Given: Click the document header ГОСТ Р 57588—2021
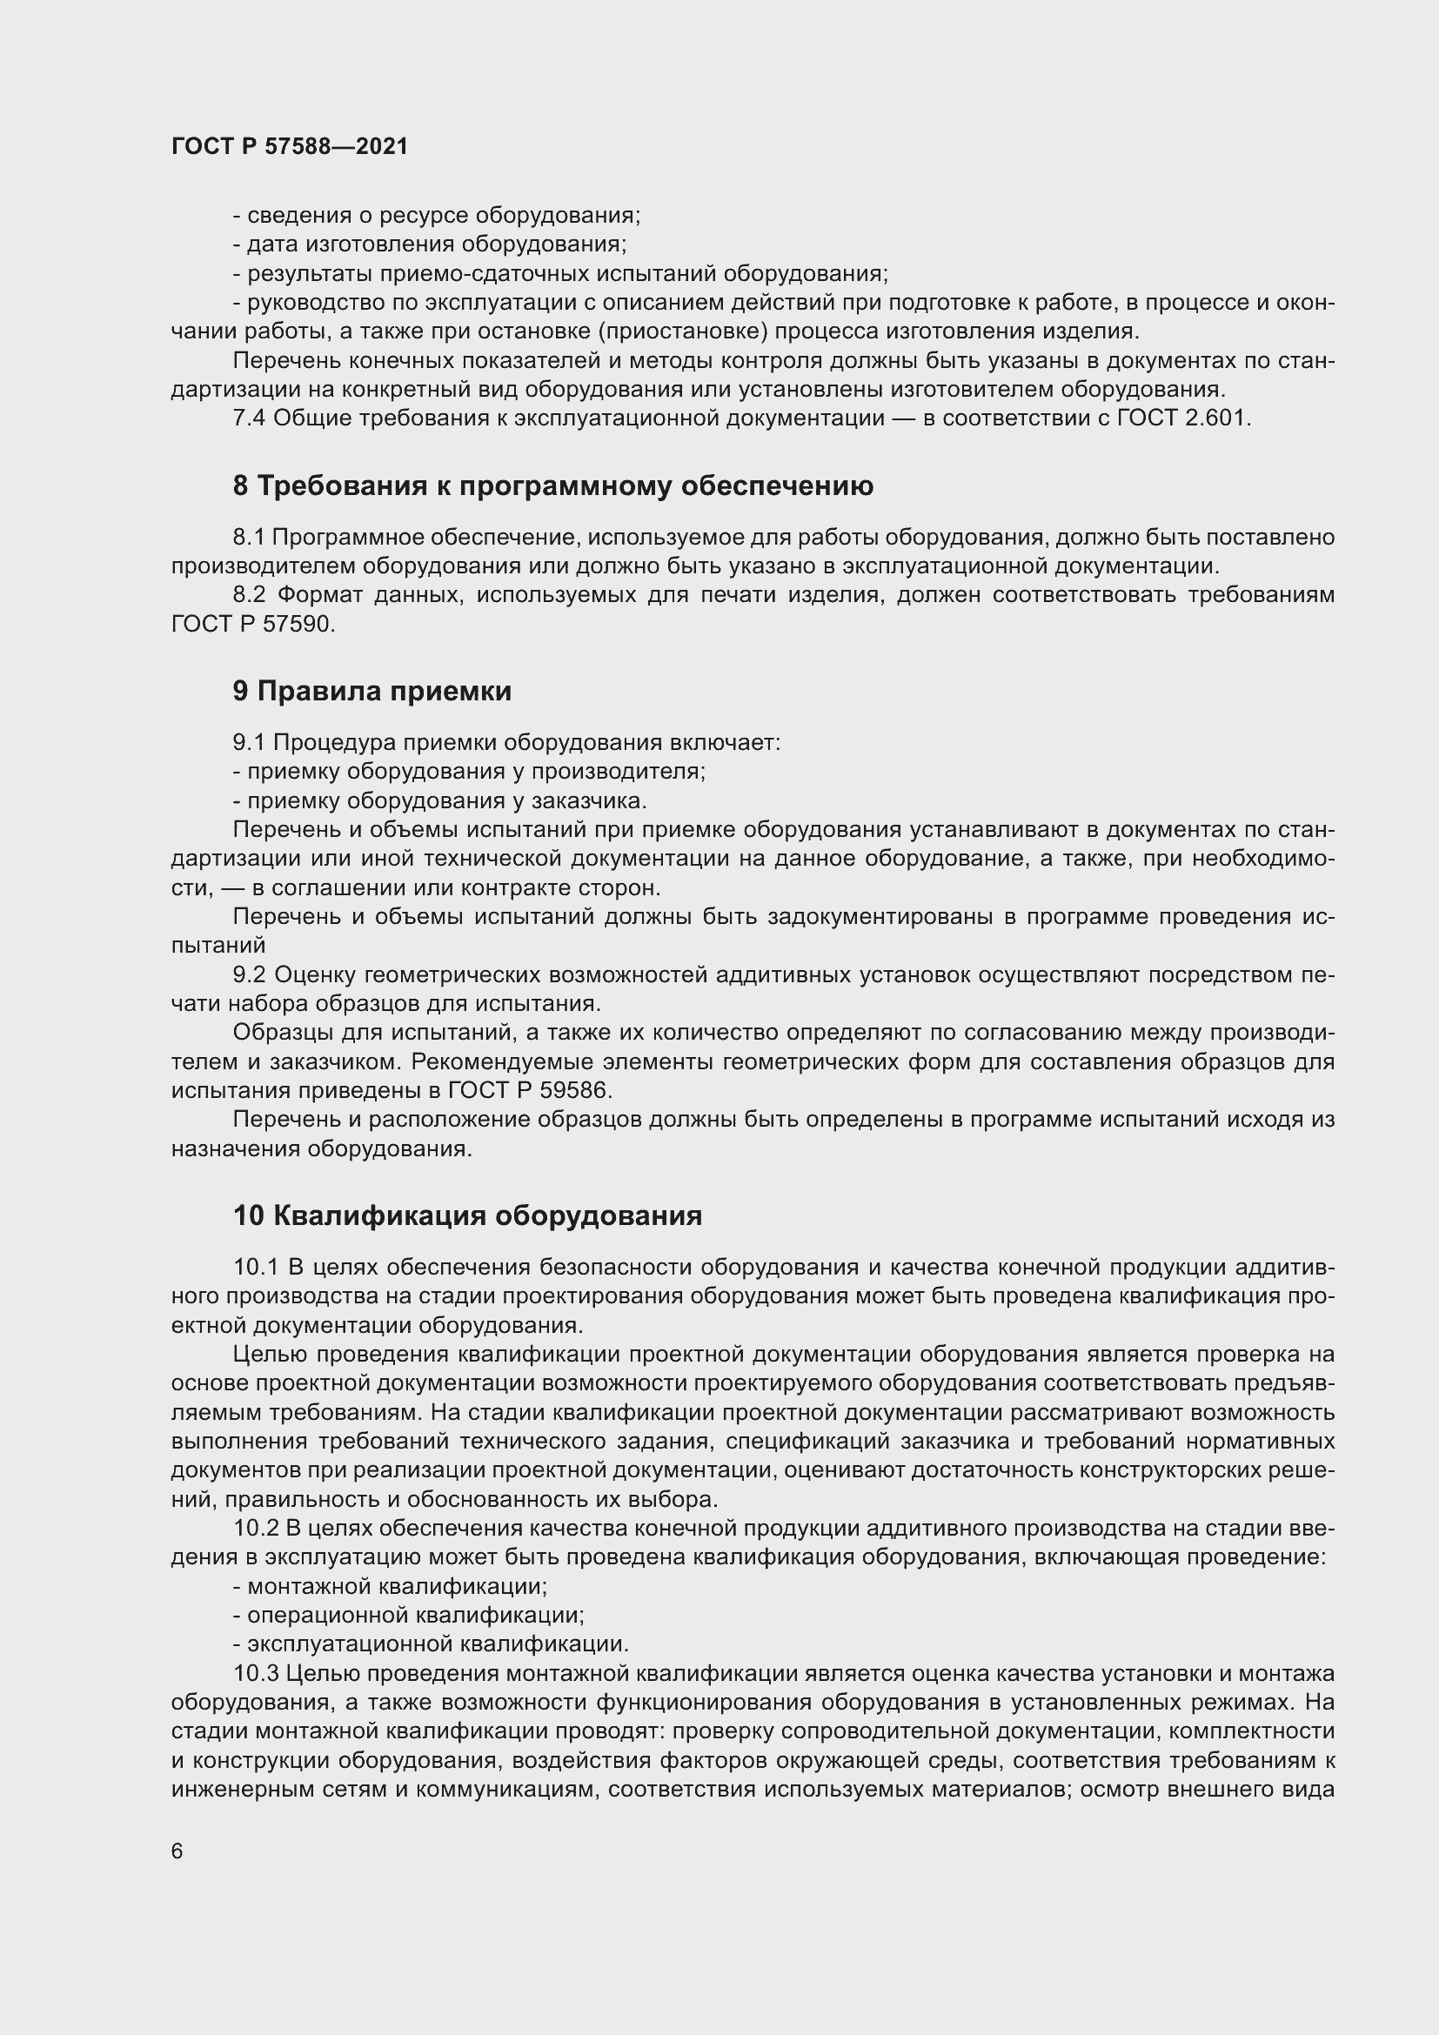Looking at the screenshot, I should pyautogui.click(x=290, y=147).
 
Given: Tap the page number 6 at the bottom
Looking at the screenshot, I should pyautogui.click(x=177, y=1851).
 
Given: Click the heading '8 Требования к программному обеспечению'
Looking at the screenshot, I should pyautogui.click(x=553, y=485).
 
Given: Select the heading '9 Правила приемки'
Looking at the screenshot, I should pyautogui.click(x=372, y=692).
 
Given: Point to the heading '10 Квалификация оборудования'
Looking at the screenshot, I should pyautogui.click(x=467, y=1215).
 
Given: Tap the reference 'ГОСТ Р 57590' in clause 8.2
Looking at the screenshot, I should pyautogui.click(x=252, y=624).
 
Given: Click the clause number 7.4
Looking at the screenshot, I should pyautogui.click(x=248, y=418).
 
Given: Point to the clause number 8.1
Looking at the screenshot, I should pyautogui.click(x=248, y=537).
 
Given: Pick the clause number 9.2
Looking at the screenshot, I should pyautogui.click(x=249, y=975).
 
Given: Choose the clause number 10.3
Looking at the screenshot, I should pyautogui.click(x=256, y=1673).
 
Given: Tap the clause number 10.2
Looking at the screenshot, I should pyautogui.click(x=256, y=1528).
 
